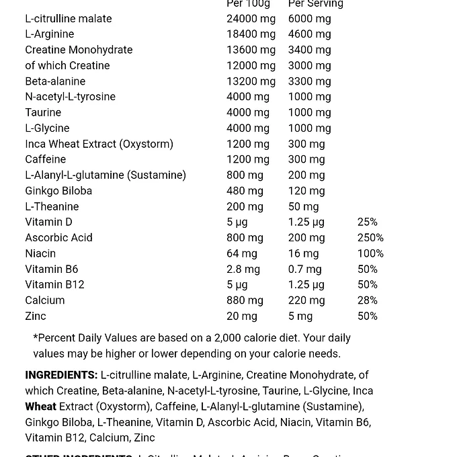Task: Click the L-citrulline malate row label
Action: click(69, 18)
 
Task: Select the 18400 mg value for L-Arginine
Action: click(251, 34)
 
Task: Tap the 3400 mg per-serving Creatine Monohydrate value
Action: click(309, 50)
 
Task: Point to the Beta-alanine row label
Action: click(55, 81)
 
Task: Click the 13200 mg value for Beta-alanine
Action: click(251, 81)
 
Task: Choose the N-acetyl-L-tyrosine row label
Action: click(70, 97)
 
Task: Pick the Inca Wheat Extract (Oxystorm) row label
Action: click(99, 144)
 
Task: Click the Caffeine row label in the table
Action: click(45, 159)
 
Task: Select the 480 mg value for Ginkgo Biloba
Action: click(245, 191)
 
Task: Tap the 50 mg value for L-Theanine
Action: click(303, 207)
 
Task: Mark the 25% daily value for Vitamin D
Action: click(367, 222)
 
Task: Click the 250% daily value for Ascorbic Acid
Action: click(370, 238)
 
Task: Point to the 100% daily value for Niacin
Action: click(370, 253)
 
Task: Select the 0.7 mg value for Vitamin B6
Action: click(304, 269)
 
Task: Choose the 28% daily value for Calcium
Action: click(367, 300)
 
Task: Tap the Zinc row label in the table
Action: click(36, 316)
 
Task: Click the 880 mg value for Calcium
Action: click(245, 300)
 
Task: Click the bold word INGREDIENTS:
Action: click(61, 375)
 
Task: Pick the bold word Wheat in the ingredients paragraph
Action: click(40, 407)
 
